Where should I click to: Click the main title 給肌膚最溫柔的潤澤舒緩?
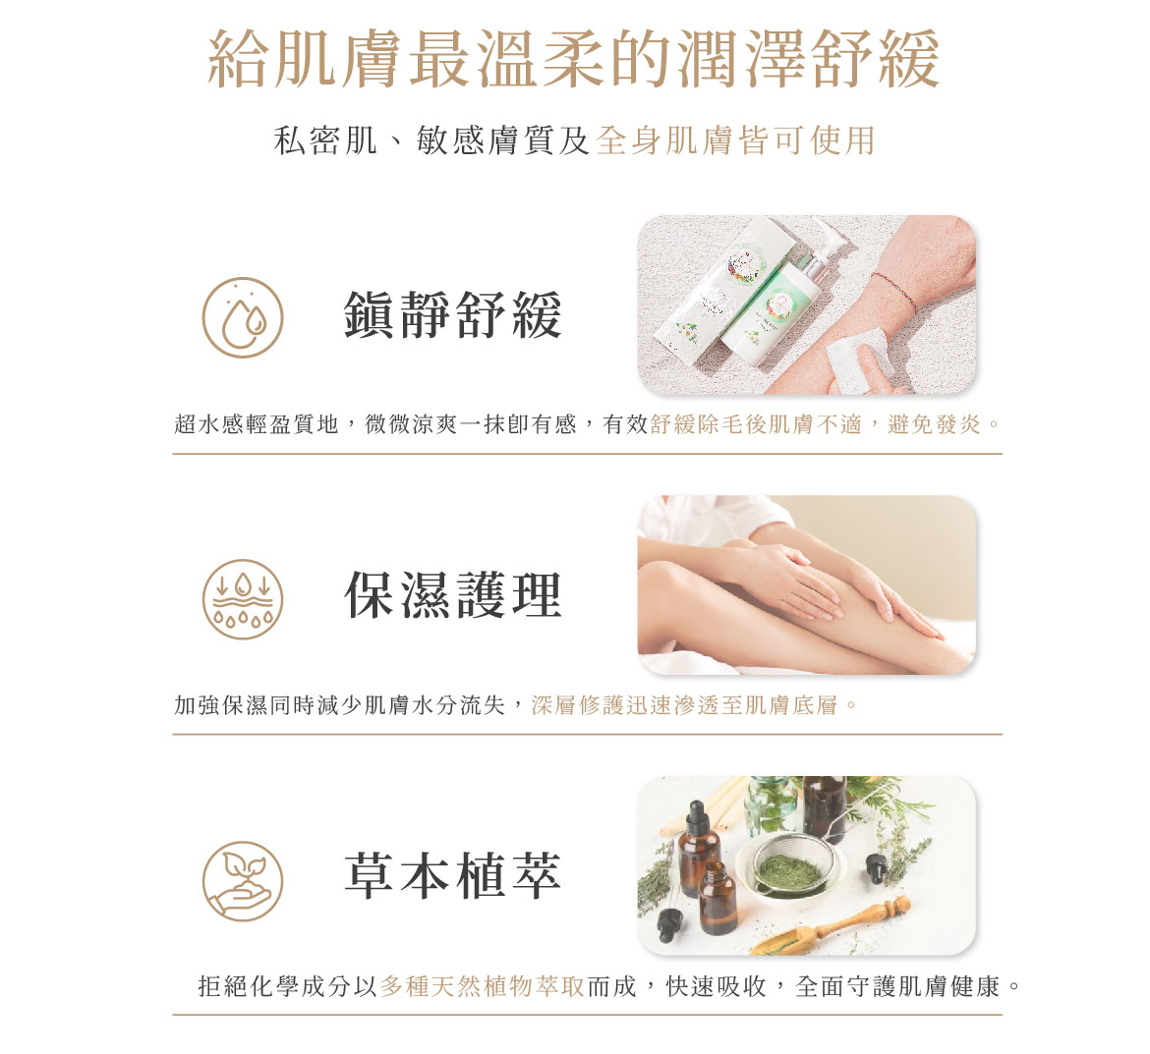click(x=574, y=59)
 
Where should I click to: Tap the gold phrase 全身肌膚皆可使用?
click(x=735, y=140)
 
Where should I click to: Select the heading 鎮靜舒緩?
click(x=452, y=314)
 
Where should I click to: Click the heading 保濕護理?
click(x=452, y=594)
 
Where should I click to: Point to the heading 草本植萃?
click(x=452, y=876)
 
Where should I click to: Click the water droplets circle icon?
click(x=243, y=317)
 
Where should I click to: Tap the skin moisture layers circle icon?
click(x=243, y=599)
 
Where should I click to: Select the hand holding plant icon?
click(x=243, y=880)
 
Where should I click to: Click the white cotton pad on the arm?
click(x=860, y=360)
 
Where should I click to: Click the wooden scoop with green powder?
click(x=833, y=926)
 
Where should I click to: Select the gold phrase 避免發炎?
click(x=934, y=423)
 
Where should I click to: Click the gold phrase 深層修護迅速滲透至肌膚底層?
click(x=684, y=705)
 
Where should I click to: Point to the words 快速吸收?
click(x=716, y=986)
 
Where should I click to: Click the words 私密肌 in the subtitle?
click(x=325, y=140)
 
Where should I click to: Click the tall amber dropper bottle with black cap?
click(x=698, y=848)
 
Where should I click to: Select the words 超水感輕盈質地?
click(x=256, y=423)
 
